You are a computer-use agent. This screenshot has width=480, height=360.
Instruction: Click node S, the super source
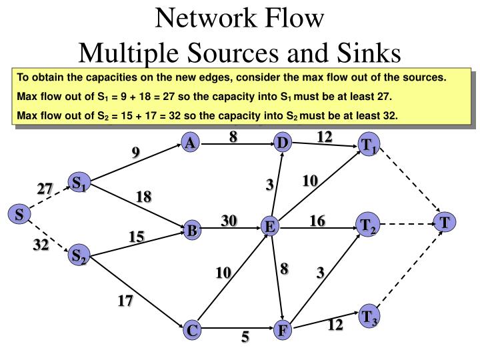coord(19,215)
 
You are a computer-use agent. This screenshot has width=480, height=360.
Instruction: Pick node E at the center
coord(270,227)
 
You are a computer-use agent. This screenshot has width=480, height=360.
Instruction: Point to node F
coord(283,330)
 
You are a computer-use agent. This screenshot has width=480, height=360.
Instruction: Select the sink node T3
coord(368,317)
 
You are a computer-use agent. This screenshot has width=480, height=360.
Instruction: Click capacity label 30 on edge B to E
coord(229,221)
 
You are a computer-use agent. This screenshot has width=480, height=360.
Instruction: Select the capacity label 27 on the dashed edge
coord(45,189)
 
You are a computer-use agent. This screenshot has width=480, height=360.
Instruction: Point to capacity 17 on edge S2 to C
coord(125,301)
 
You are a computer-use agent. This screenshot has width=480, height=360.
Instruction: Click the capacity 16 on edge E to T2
coord(317,221)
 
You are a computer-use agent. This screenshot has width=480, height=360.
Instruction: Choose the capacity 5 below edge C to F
coord(245,338)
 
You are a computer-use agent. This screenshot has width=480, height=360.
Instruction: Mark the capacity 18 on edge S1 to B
coord(143,197)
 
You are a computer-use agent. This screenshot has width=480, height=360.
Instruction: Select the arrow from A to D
coord(237,143)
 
